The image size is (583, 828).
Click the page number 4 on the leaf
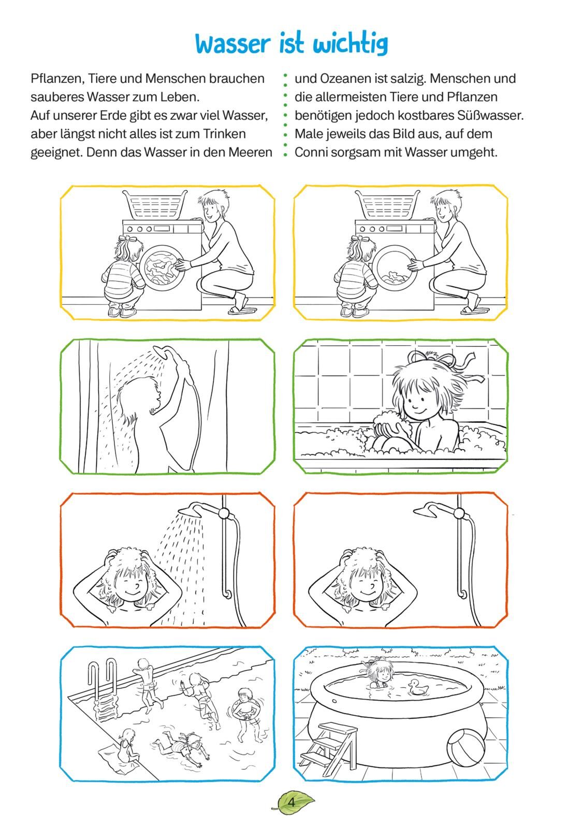coord(291,803)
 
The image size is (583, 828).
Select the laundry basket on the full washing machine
coord(155,204)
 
